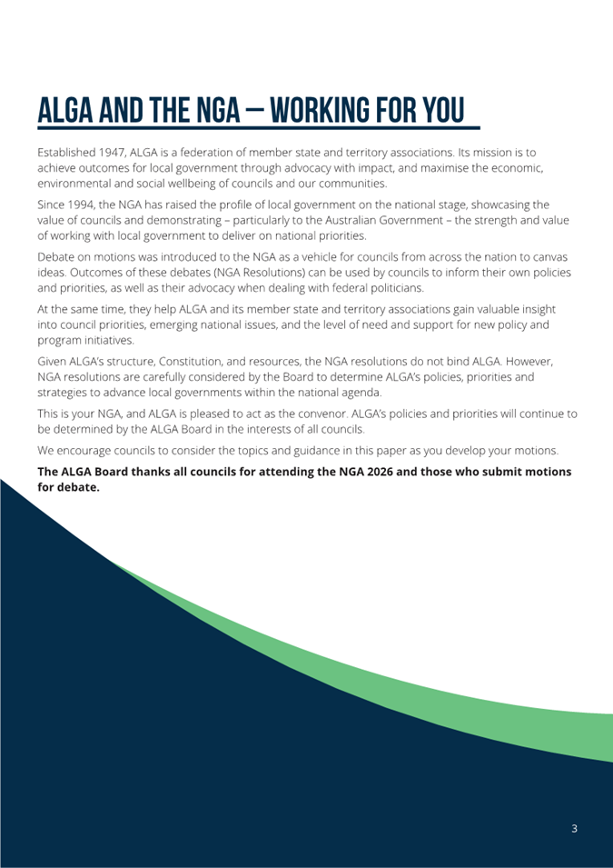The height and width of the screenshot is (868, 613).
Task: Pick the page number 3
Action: (574, 828)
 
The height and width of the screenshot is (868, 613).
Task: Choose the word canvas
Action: (555, 257)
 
